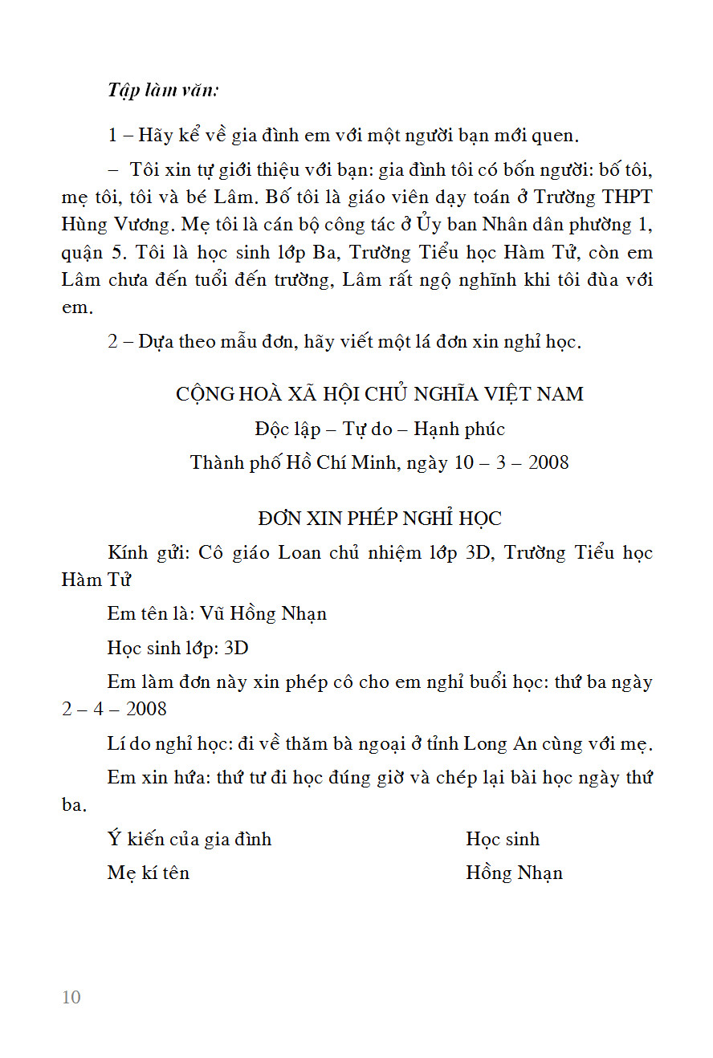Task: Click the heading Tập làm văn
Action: point(163,90)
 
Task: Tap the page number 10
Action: point(71,997)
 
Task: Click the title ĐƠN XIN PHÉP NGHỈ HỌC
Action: point(379,519)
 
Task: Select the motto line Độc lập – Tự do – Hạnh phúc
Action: point(379,429)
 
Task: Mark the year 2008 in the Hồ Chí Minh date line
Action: point(548,463)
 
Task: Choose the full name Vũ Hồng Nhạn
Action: point(263,614)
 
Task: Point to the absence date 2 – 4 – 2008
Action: point(115,710)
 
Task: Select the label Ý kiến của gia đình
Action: point(189,840)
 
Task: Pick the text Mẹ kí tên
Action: point(149,873)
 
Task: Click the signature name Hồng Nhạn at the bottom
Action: point(514,873)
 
